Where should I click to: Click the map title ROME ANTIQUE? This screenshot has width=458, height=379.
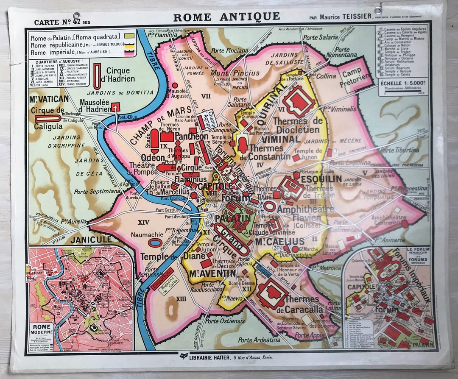click(226, 17)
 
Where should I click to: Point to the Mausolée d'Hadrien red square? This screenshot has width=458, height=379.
click(115, 107)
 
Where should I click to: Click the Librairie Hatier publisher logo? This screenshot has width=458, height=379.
click(184, 357)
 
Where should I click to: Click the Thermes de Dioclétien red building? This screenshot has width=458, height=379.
click(299, 100)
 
